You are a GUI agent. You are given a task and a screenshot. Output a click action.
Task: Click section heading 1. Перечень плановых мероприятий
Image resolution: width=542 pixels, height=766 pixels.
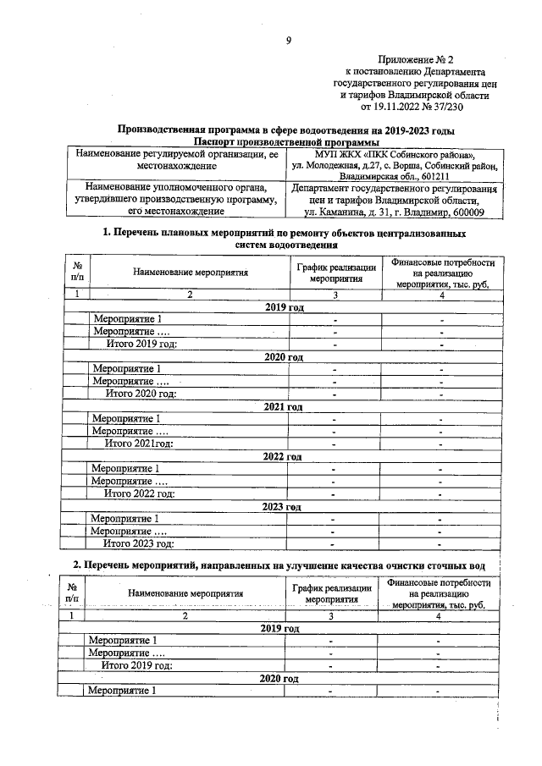pos(285,232)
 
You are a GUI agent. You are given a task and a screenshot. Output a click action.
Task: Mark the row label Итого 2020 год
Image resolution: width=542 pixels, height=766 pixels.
pos(140,394)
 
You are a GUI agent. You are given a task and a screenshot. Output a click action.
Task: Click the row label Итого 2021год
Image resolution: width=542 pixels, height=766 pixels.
pos(138,444)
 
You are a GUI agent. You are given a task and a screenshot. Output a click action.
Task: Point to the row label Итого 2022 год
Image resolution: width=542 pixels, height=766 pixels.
pos(139,493)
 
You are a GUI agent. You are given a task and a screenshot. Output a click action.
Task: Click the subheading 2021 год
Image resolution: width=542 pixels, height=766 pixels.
pos(284,407)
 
